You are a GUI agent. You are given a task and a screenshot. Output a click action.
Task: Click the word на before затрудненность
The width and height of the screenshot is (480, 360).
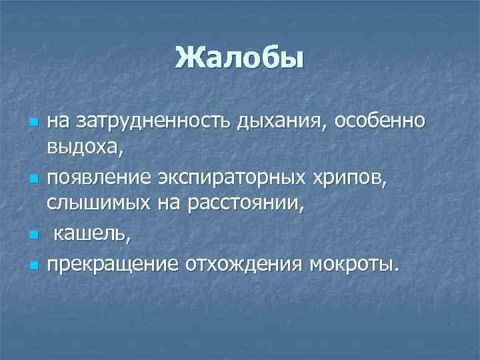58,122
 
